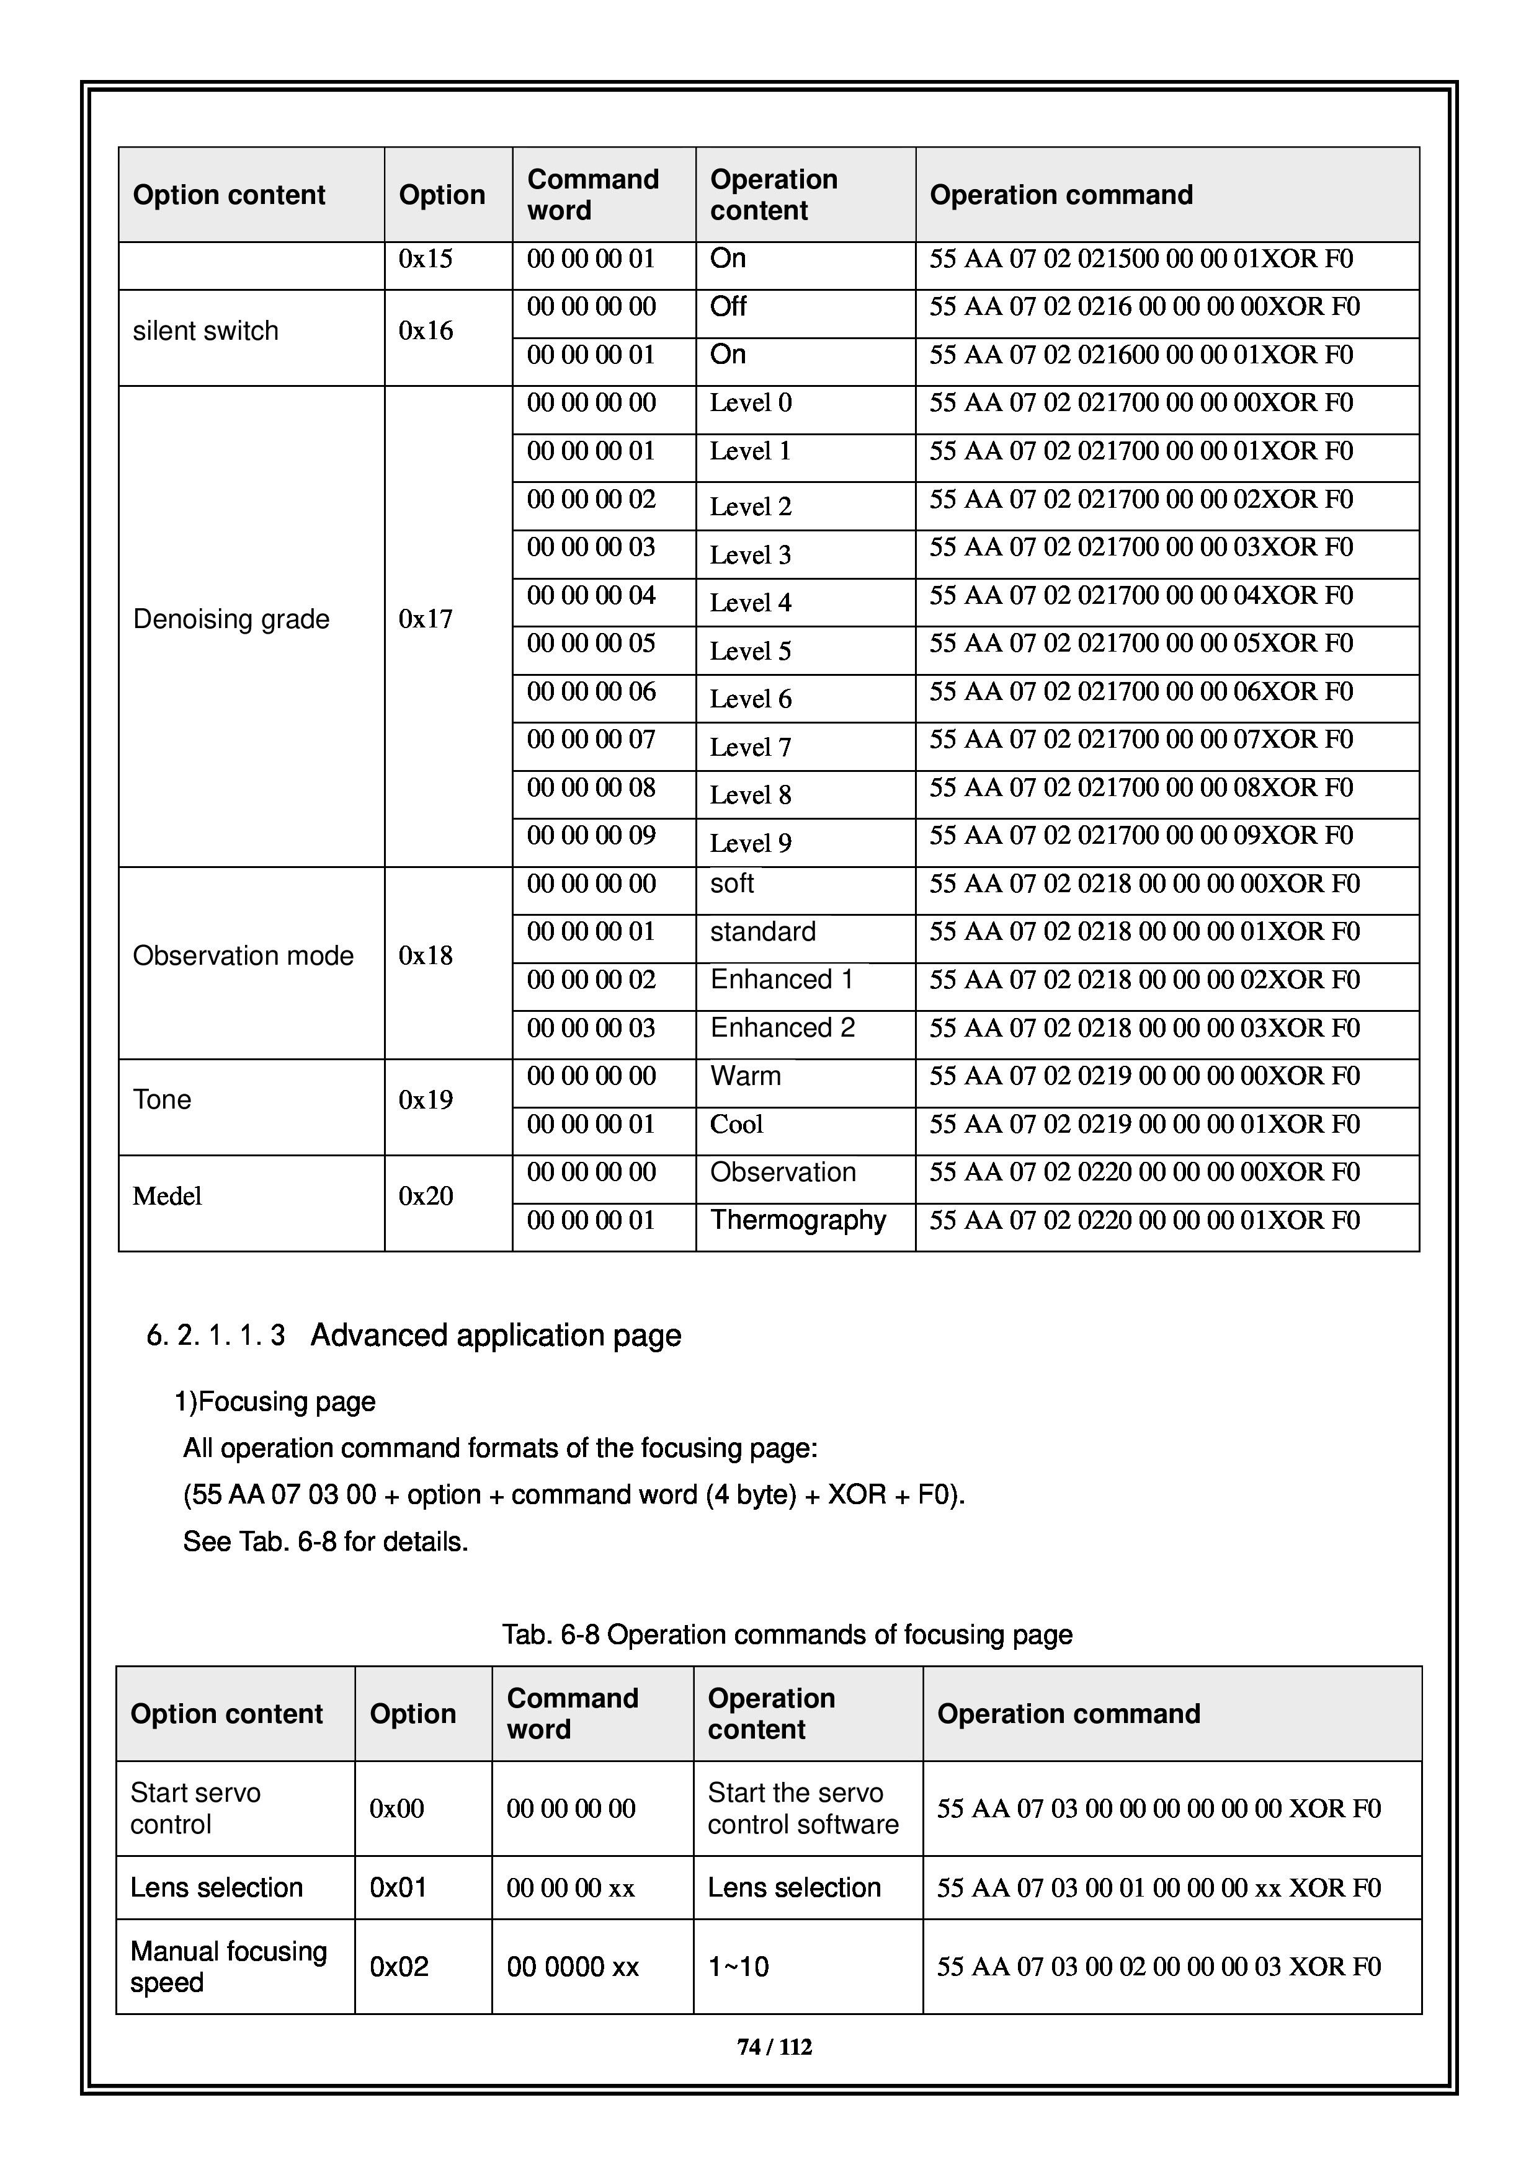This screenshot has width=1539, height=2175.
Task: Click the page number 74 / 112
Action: pos(774,2047)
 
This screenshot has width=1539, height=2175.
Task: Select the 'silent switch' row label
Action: pos(206,330)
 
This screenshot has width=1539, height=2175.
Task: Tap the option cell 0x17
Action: pos(426,619)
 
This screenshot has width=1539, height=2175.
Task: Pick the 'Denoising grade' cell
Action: pos(231,619)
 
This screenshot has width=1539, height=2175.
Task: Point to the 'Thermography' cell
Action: pos(798,1220)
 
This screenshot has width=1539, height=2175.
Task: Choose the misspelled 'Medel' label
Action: pos(167,1197)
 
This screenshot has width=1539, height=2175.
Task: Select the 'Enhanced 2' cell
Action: pos(783,1028)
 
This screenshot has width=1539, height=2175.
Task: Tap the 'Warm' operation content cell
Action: pos(746,1076)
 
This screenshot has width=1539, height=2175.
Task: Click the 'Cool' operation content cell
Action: pos(736,1125)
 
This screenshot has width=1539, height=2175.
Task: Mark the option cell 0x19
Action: pos(426,1100)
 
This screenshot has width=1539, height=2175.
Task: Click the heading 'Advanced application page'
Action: pos(496,1335)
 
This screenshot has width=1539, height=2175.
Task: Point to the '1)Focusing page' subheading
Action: pos(275,1402)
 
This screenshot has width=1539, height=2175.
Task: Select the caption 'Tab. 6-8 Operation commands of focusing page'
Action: pos(787,1635)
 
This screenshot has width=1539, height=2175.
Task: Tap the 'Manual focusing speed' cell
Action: pos(228,1967)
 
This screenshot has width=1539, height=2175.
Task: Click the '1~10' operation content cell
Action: pos(738,1967)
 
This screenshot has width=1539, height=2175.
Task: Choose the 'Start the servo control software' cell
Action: pos(803,1809)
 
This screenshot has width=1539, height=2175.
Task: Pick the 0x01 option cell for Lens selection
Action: pos(398,1887)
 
